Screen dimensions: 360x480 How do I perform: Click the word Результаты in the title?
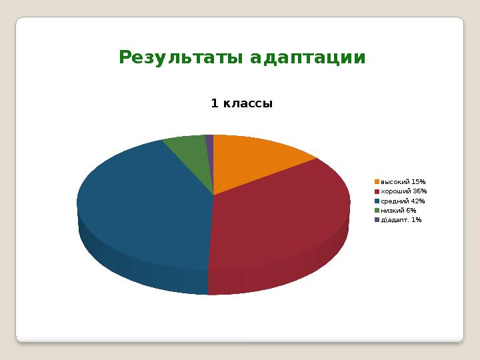(x=181, y=58)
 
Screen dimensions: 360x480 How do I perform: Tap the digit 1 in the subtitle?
(x=214, y=103)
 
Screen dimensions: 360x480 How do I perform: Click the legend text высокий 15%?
(x=403, y=181)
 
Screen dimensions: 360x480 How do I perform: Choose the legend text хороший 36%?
(x=403, y=191)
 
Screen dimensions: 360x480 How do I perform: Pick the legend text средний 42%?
(x=403, y=201)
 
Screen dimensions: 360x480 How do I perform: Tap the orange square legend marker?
(x=377, y=181)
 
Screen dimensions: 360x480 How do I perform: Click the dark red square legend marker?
(x=377, y=191)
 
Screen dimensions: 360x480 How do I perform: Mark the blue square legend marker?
(x=377, y=201)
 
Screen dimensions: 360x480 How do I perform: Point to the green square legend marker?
(x=377, y=210)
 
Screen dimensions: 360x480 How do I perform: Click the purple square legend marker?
(x=377, y=219)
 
